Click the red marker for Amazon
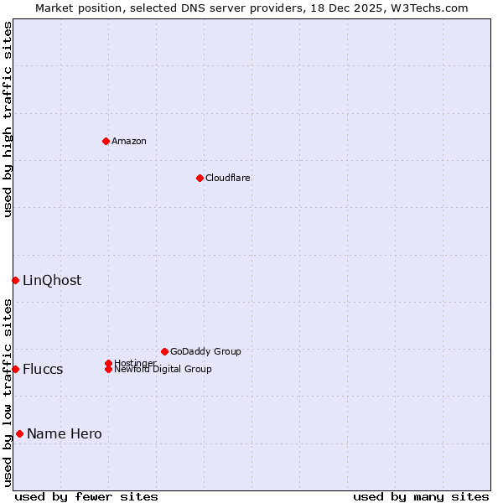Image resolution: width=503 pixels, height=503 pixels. point(106,141)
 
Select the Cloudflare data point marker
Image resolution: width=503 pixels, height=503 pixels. point(200,178)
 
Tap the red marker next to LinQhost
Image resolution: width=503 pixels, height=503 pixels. point(15,280)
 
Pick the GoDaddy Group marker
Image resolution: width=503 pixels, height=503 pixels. point(164,351)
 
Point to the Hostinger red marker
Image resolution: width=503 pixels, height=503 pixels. point(108,363)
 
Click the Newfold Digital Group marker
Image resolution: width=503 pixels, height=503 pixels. point(108,369)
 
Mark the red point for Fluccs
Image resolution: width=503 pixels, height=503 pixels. point(15,369)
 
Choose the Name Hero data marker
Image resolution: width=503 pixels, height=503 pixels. point(19,433)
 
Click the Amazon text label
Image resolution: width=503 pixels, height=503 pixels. point(129,141)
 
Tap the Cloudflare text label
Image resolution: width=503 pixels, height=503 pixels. point(228,178)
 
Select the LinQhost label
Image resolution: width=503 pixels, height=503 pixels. point(52,280)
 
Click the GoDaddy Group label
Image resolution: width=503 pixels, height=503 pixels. point(205,351)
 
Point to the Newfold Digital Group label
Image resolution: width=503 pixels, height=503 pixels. point(163,370)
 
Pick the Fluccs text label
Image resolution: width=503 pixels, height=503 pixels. point(43,369)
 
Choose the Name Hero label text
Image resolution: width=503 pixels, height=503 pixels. point(65,433)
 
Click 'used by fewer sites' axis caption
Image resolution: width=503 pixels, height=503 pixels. point(86,496)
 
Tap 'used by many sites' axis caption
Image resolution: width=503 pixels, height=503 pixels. point(421,496)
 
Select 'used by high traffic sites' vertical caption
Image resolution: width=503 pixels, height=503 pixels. point(8,119)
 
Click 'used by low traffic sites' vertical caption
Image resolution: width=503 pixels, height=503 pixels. point(8,392)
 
